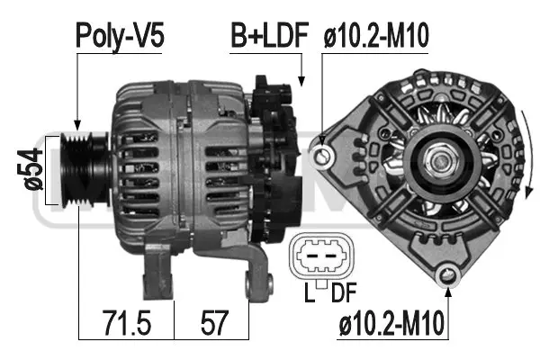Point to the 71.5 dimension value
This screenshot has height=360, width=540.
124,320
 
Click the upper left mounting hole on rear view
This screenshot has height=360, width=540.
324,157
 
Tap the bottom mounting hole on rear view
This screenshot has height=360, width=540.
444,276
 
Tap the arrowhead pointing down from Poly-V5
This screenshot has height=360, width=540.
78,125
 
